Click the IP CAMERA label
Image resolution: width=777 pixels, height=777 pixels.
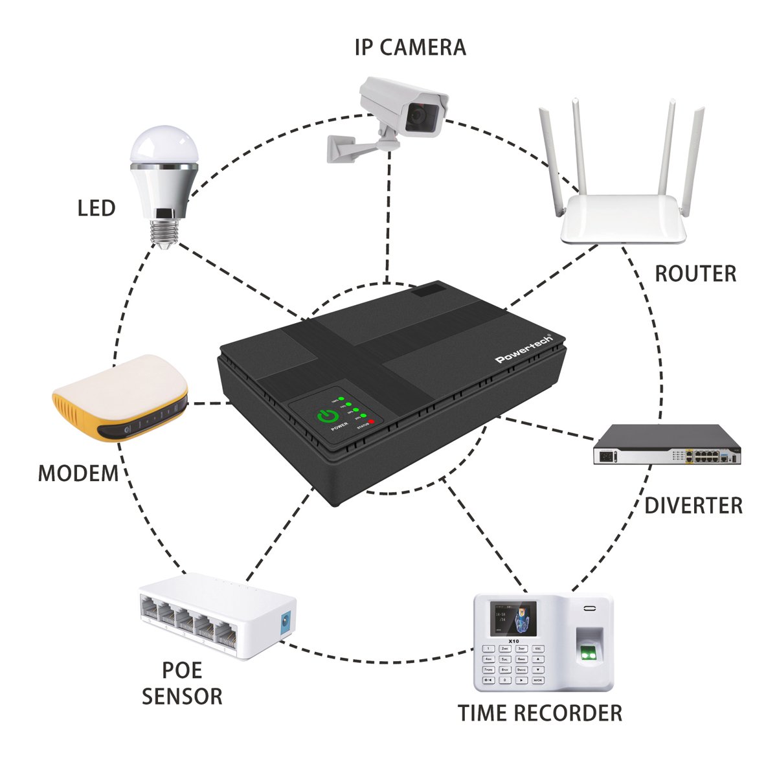coord(410,47)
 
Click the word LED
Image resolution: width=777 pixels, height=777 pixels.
coord(96,208)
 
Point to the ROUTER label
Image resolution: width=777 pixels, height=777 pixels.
coord(695,274)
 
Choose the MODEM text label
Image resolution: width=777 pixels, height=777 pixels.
coord(78,473)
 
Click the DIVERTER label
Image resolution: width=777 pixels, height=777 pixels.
coord(693,506)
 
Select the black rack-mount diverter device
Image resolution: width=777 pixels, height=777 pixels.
coord(668,445)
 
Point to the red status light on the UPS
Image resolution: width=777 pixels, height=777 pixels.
coord(373,423)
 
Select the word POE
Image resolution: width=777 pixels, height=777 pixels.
coord(182,670)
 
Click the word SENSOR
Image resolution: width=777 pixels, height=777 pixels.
coord(182,697)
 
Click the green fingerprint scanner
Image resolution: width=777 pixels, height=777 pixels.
coord(589,655)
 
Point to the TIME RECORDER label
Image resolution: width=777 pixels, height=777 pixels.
coord(540,713)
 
